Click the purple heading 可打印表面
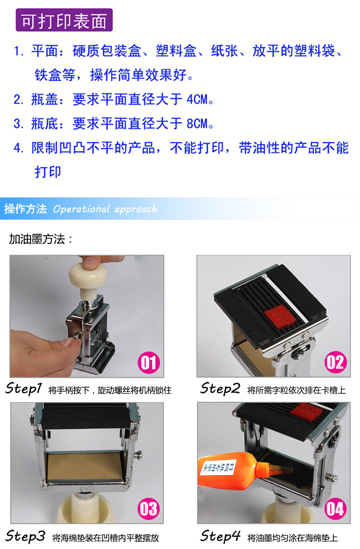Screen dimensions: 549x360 tap(64, 21)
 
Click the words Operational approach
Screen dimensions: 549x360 tap(105, 209)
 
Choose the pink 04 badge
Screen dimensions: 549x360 tap(335, 509)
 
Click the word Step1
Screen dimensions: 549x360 tap(24, 389)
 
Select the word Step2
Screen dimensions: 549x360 tap(220, 389)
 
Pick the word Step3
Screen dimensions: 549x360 tap(26, 536)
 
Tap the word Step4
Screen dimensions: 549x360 tap(221, 536)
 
